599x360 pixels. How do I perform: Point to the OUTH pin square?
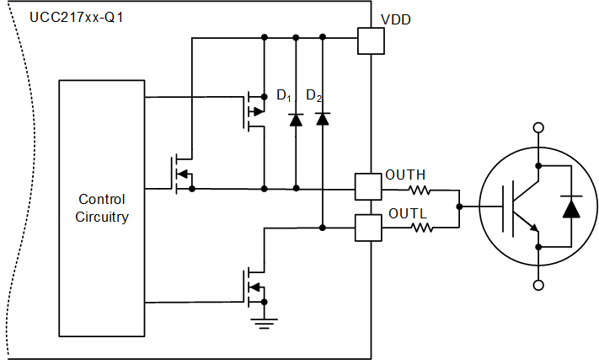point(368,186)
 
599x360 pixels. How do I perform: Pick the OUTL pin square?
point(368,228)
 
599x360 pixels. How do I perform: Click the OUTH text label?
point(405,175)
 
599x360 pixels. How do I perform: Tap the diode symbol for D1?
point(295,120)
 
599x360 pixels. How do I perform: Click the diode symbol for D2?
point(323,119)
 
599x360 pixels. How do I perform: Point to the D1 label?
point(285,95)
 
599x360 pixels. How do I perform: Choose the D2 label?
point(314,95)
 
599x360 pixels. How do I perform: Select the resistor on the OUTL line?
point(420,228)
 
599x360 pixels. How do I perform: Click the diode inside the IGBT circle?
point(571,206)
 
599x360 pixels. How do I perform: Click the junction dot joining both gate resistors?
point(458,206)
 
